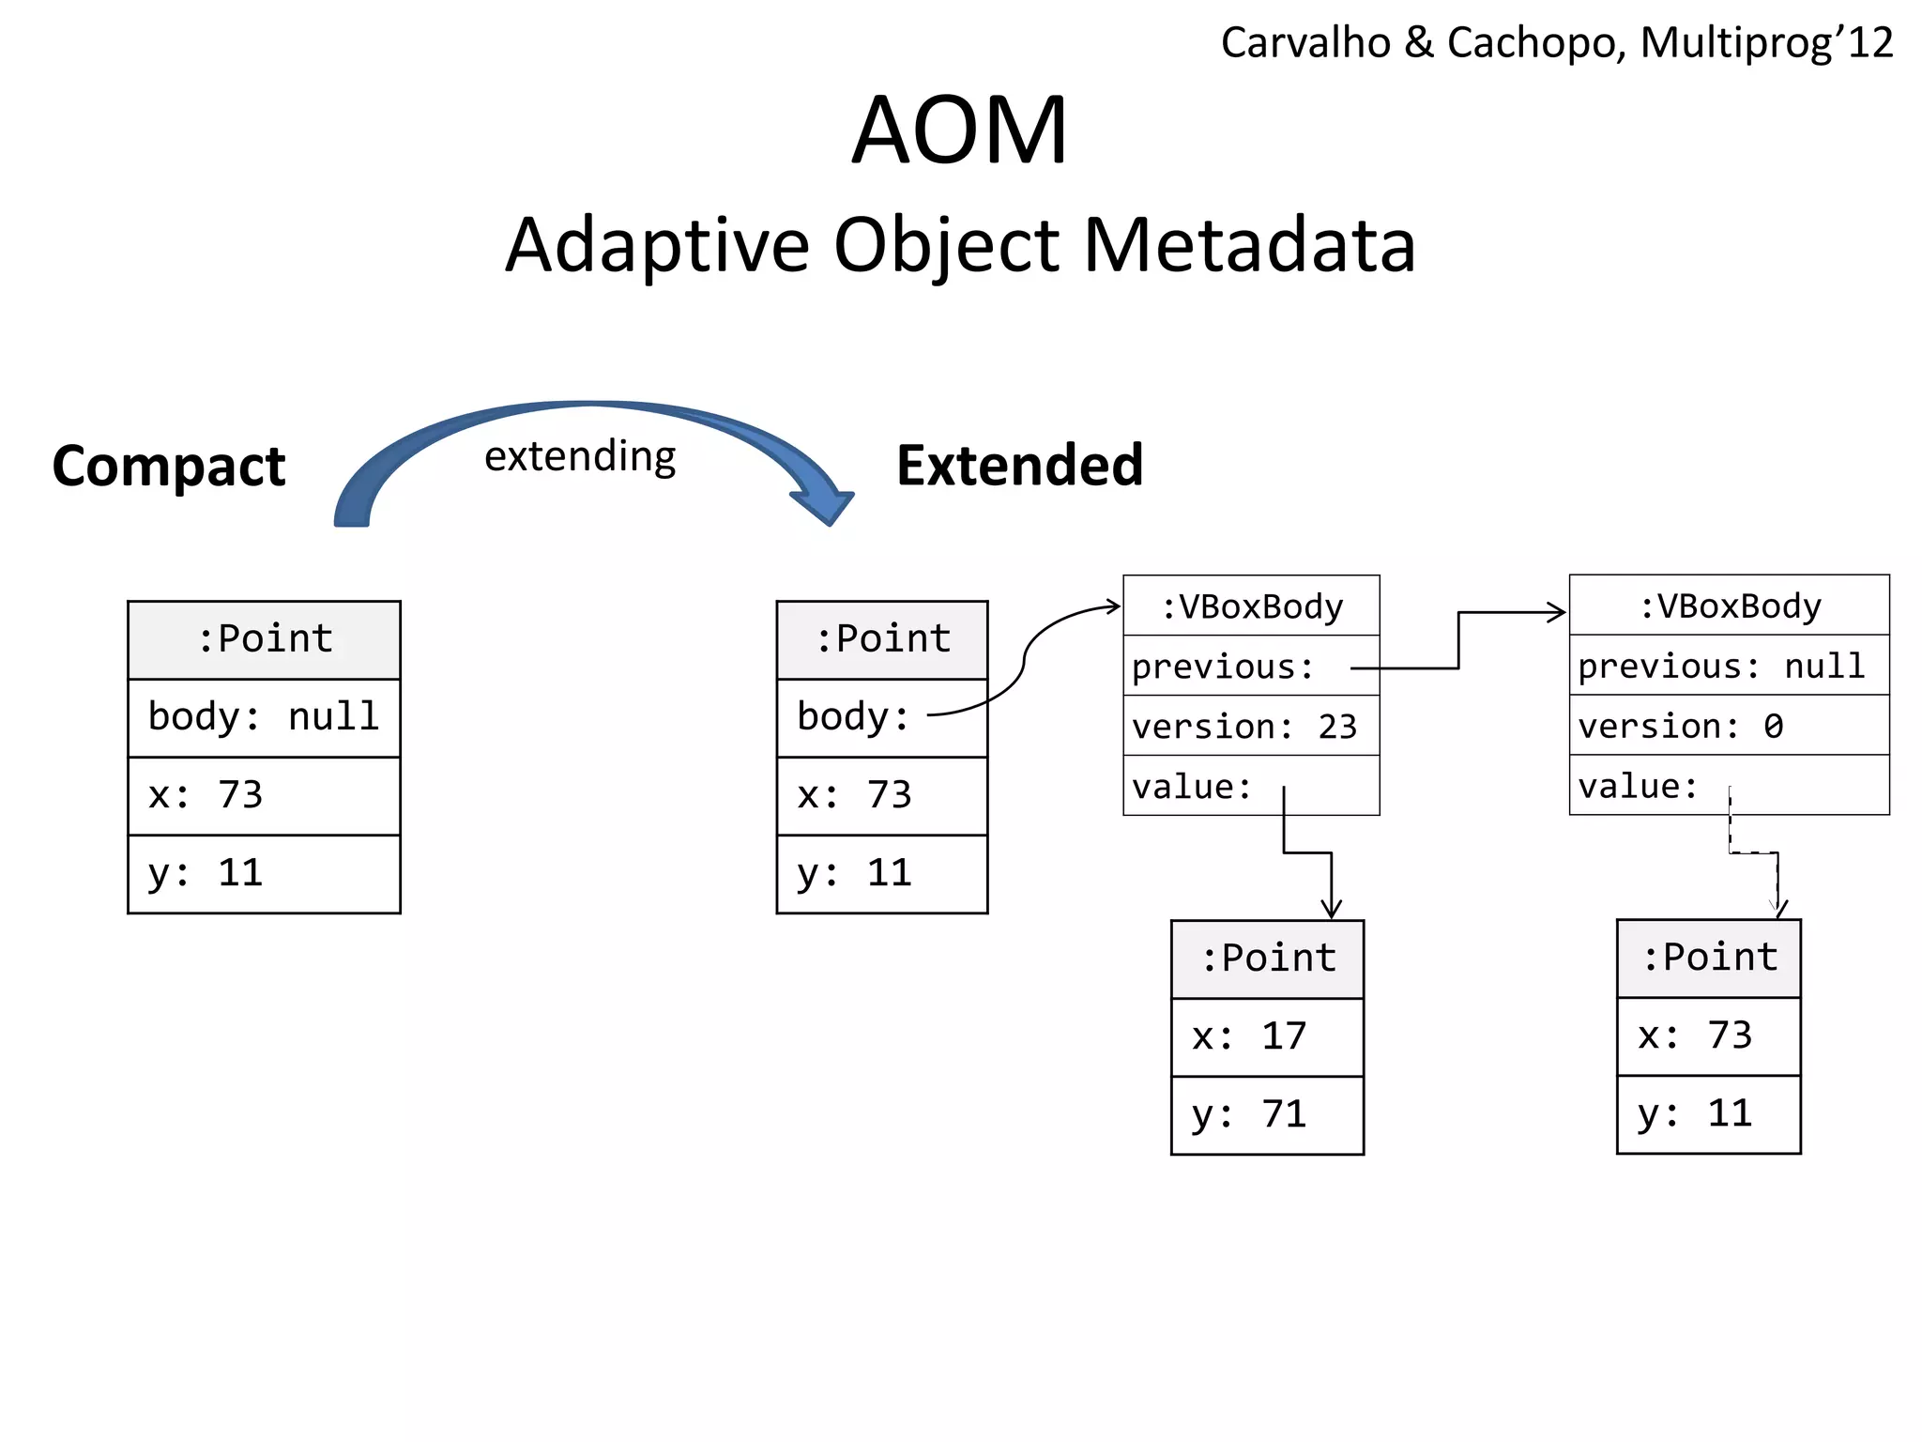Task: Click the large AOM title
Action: (959, 130)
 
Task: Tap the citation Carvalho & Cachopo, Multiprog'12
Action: (1556, 43)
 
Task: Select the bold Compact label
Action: (169, 466)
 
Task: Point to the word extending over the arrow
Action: (580, 456)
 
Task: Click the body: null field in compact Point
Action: (264, 717)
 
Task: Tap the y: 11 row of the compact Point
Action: (264, 873)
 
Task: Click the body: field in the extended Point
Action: (881, 717)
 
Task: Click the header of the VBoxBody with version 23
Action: (1250, 606)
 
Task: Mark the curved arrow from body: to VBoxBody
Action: (1025, 657)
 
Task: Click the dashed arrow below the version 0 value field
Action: (1753, 852)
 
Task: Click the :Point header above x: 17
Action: (1267, 959)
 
